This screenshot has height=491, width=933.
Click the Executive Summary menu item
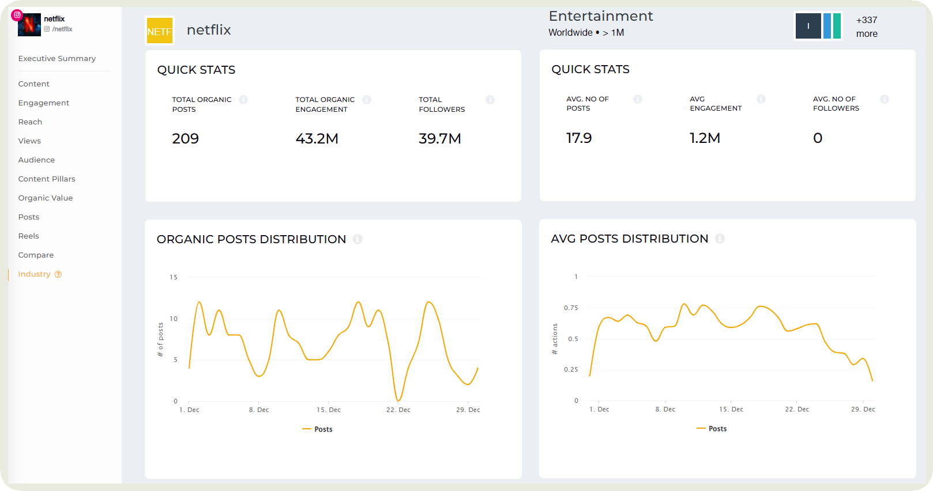click(57, 59)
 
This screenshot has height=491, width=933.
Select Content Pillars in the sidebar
click(47, 179)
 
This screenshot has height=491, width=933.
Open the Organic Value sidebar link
click(45, 198)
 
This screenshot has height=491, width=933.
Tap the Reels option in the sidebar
click(28, 236)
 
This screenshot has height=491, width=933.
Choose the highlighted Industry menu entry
click(35, 274)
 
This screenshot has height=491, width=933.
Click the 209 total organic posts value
click(185, 139)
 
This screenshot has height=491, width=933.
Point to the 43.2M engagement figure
click(317, 139)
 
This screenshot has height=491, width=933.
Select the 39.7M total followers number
click(439, 139)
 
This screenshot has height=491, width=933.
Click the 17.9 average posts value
click(579, 138)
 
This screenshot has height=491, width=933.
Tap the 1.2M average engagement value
click(705, 138)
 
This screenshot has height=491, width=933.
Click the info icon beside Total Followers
click(490, 100)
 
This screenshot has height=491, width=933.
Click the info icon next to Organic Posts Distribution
click(358, 239)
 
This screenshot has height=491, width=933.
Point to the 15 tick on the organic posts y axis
click(174, 277)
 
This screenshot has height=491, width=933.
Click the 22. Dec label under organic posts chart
click(398, 410)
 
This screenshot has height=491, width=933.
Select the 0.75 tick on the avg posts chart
click(571, 308)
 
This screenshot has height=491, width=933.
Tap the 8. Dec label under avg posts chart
click(665, 410)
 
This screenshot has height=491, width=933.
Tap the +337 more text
click(867, 27)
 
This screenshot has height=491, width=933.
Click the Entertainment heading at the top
click(600, 16)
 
